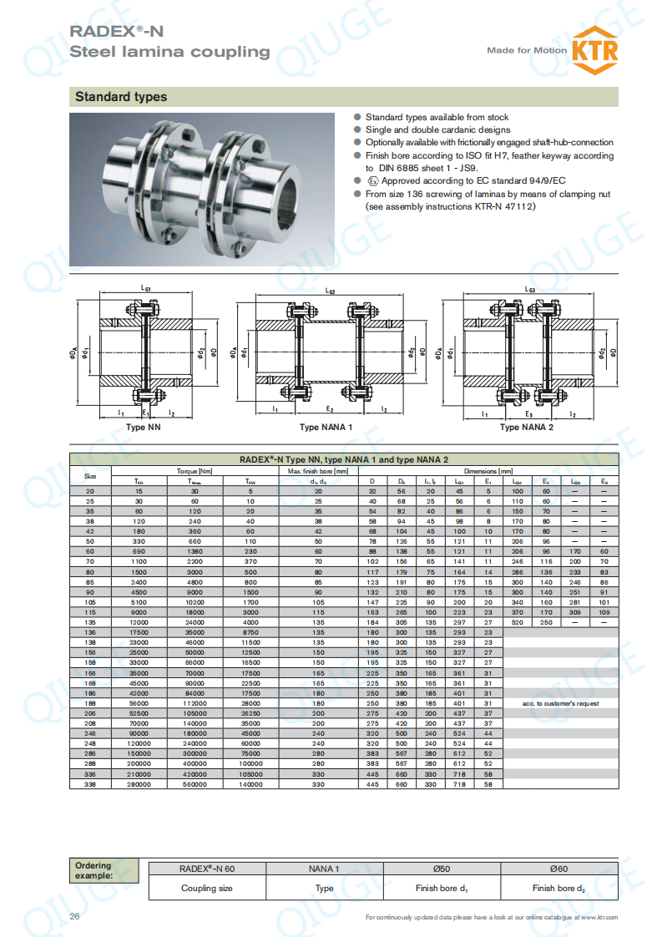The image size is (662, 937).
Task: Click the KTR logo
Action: tap(594, 49)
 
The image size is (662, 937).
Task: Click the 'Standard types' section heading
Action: tap(121, 97)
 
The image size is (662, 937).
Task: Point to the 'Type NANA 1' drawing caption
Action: tap(326, 428)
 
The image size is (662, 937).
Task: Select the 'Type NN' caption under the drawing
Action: tap(143, 428)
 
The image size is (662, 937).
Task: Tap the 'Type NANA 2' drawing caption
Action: tap(526, 428)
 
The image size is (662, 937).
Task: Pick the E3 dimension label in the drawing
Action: tap(528, 414)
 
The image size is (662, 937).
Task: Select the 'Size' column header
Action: tap(90, 476)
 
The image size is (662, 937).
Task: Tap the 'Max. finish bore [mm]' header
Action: tap(318, 471)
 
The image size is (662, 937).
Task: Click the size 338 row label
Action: tap(90, 785)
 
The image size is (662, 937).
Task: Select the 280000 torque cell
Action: tap(139, 785)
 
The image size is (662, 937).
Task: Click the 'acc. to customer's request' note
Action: tap(560, 704)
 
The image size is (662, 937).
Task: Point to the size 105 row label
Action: tap(90, 601)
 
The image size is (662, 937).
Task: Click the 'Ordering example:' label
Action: tap(93, 870)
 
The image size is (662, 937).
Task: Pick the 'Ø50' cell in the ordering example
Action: tap(440, 869)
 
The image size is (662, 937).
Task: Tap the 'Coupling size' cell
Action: tap(207, 888)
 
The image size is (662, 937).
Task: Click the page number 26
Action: tap(74, 917)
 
